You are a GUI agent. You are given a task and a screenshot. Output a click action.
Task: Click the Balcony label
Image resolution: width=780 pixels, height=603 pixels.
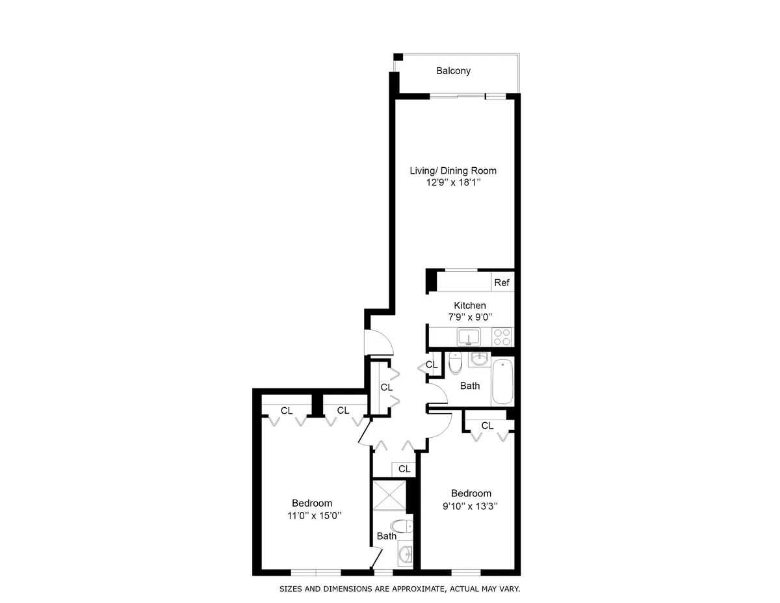453,71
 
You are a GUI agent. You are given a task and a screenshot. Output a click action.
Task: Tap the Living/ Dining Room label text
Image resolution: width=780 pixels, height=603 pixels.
452,171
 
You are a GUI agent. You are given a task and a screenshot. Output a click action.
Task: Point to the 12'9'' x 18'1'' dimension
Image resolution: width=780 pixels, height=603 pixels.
452,183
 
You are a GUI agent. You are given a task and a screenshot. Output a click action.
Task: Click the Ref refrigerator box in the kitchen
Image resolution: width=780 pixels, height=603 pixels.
501,283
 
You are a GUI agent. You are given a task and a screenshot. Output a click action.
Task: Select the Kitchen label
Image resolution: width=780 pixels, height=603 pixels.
469,305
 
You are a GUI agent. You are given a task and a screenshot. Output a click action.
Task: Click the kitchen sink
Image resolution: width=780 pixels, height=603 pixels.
468,337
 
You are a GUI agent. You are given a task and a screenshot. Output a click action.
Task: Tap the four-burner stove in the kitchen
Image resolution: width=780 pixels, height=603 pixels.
502,337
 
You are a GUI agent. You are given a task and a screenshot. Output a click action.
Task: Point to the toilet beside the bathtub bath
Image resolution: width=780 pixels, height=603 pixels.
455,364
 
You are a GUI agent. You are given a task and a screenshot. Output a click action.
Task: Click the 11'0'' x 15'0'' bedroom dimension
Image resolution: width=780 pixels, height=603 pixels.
312,515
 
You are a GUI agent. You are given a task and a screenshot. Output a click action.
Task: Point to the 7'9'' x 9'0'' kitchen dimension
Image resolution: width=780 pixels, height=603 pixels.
469,317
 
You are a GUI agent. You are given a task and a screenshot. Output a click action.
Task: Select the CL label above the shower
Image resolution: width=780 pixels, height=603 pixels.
404,468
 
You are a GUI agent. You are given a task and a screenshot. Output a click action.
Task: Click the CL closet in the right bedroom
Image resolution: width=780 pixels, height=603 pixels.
487,425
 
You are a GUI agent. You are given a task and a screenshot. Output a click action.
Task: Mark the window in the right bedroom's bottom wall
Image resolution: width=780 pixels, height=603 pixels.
465,572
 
